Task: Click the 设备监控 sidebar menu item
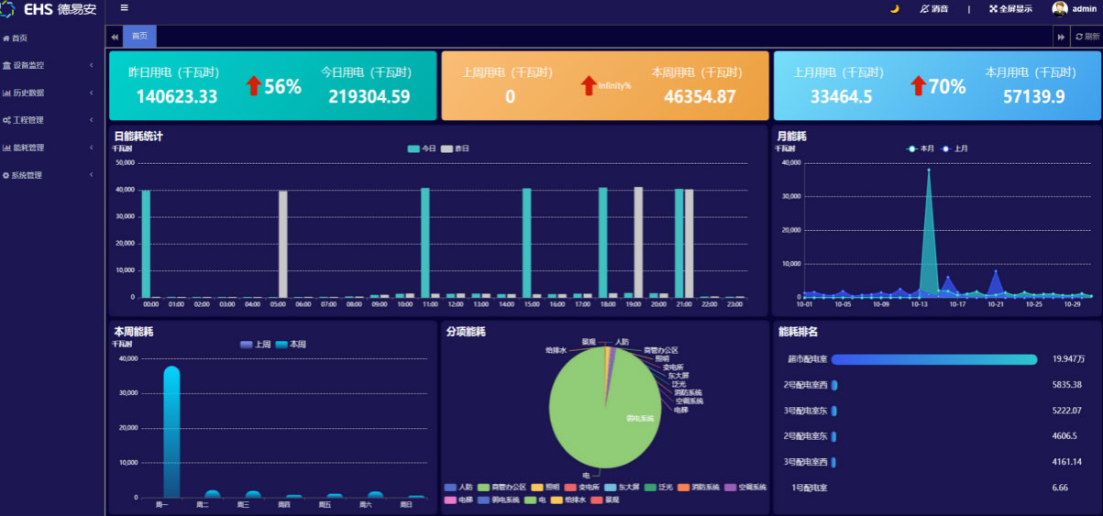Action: [28, 65]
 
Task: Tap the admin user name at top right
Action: [1084, 8]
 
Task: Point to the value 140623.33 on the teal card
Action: [177, 96]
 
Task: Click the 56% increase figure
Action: [282, 87]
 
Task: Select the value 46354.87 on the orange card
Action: [700, 96]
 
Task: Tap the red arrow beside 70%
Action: [918, 85]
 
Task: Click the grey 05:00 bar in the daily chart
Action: [283, 243]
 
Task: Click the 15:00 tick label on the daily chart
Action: [532, 304]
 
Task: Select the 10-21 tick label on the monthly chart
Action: [996, 304]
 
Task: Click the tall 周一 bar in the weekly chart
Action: [171, 431]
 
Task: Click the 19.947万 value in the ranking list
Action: [1068, 359]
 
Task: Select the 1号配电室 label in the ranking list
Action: [809, 488]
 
